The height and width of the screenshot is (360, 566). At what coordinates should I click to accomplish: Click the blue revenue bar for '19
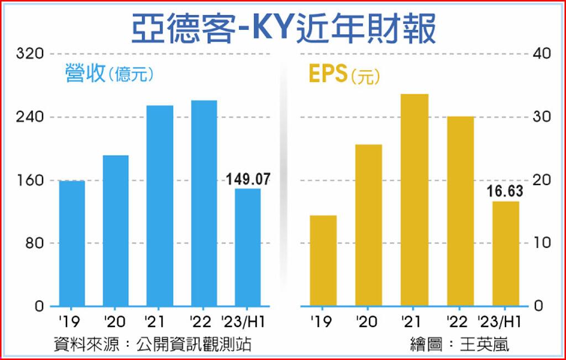pyautogui.click(x=72, y=243)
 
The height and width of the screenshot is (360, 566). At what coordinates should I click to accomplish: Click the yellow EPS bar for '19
pyautogui.click(x=323, y=260)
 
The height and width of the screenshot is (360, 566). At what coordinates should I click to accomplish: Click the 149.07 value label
pyautogui.click(x=248, y=180)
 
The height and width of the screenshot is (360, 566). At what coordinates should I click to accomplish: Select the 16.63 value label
pyautogui.click(x=505, y=191)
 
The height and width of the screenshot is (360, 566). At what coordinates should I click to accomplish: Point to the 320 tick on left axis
pyautogui.click(x=30, y=54)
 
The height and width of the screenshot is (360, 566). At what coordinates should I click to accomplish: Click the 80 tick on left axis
pyautogui.click(x=34, y=243)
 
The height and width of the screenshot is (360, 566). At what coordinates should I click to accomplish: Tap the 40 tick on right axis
pyautogui.click(x=541, y=54)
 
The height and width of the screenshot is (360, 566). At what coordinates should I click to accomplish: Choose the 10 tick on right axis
pyautogui.click(x=540, y=243)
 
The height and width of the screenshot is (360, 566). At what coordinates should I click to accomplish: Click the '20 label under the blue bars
pyautogui.click(x=116, y=320)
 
